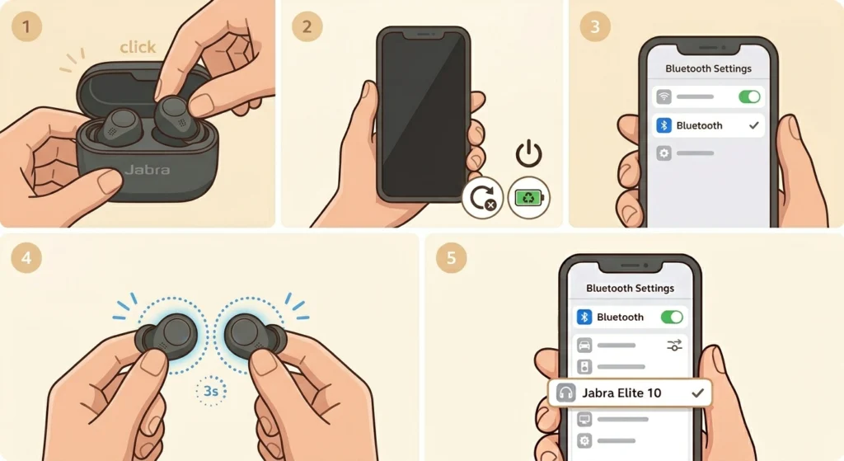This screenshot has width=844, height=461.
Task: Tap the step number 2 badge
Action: (x=307, y=26)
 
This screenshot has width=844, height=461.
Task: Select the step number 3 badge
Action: (x=595, y=26)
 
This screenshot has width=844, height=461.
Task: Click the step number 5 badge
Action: (x=451, y=258)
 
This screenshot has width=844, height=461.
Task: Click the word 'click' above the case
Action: (x=138, y=47)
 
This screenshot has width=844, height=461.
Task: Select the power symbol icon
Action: (x=528, y=154)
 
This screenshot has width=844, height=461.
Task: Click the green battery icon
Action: (x=528, y=198)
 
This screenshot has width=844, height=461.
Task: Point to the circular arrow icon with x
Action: (x=482, y=198)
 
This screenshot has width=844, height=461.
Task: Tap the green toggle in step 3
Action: (x=749, y=97)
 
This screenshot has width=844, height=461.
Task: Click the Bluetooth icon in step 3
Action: (x=664, y=125)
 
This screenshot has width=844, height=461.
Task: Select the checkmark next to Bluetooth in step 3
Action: (x=753, y=125)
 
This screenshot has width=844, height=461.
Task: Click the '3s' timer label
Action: (x=210, y=390)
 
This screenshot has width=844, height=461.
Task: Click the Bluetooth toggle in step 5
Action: (x=672, y=317)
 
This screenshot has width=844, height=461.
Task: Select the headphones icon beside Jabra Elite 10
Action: (x=565, y=393)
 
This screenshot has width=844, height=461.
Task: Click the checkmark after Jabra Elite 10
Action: (x=697, y=393)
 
